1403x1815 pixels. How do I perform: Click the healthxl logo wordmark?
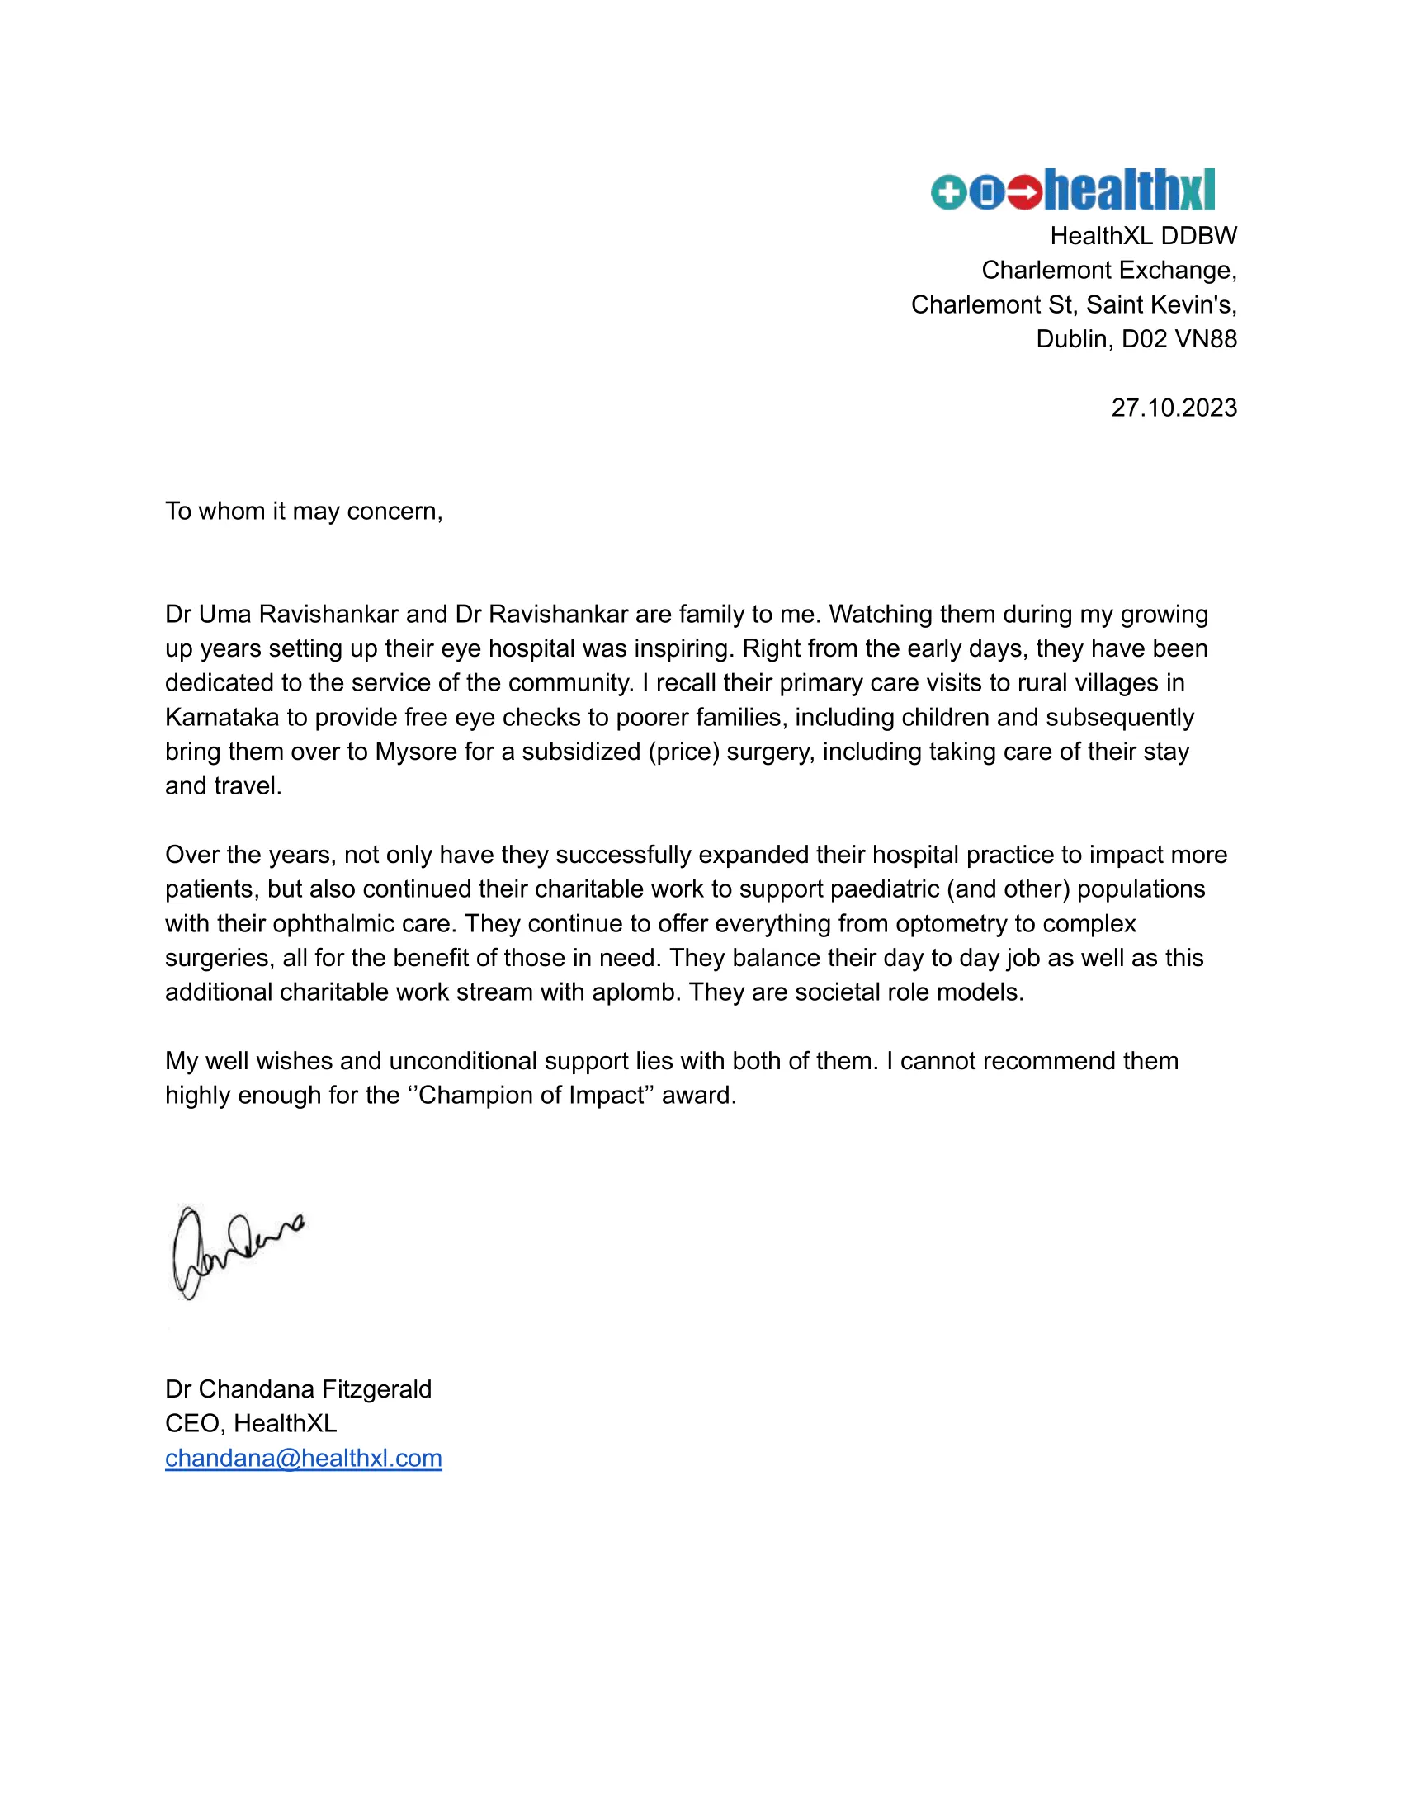click(1129, 191)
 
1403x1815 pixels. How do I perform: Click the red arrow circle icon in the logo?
click(1024, 193)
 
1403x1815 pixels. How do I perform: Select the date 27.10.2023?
click(1174, 408)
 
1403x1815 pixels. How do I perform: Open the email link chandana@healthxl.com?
click(304, 1458)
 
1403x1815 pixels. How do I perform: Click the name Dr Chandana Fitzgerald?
click(299, 1388)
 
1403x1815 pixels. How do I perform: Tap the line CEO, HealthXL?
click(251, 1424)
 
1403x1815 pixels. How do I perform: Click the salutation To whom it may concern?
click(304, 511)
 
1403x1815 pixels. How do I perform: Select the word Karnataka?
click(222, 717)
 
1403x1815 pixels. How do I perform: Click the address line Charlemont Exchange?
click(1108, 270)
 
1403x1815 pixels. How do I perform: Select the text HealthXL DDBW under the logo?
click(1143, 236)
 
